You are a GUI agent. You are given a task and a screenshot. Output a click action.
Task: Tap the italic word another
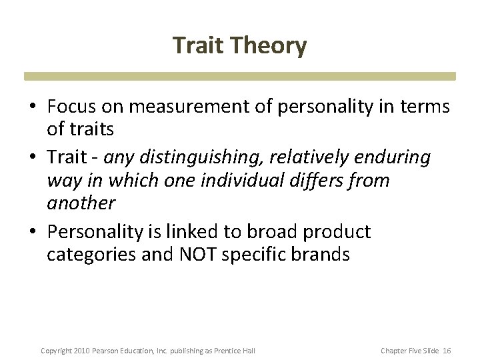[x=81, y=203]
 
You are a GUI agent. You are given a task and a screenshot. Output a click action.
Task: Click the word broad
[x=273, y=232]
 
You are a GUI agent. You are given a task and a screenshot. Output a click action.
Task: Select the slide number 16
[x=447, y=350]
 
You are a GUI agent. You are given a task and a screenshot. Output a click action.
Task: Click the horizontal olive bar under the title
[x=240, y=76]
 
